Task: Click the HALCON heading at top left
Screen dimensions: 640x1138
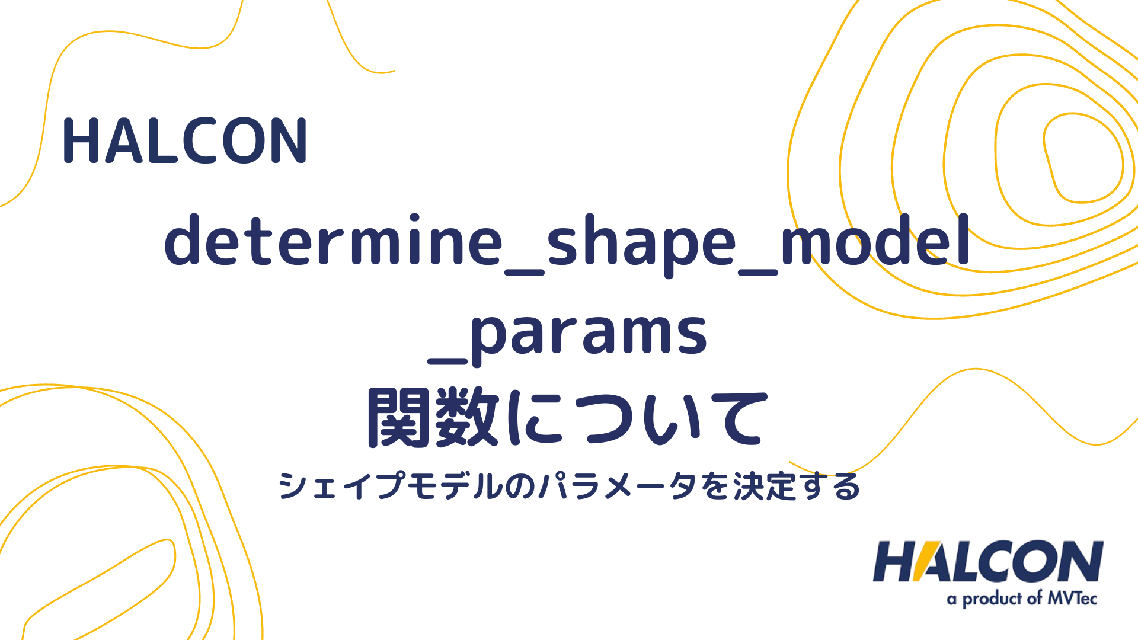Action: tap(185, 140)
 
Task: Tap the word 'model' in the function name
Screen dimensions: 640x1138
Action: tap(875, 240)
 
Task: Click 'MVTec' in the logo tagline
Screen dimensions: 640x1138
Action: tap(1072, 599)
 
